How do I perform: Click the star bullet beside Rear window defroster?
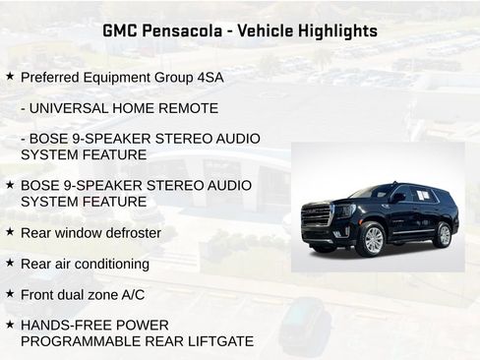coord(10,232)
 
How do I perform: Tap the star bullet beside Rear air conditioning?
coord(10,263)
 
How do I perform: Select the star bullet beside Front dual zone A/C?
coord(10,293)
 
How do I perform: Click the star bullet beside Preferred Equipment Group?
coord(10,76)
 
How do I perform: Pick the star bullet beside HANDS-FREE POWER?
coord(10,324)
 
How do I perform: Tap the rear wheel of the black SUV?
coord(444,235)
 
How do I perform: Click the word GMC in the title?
coord(122,30)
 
